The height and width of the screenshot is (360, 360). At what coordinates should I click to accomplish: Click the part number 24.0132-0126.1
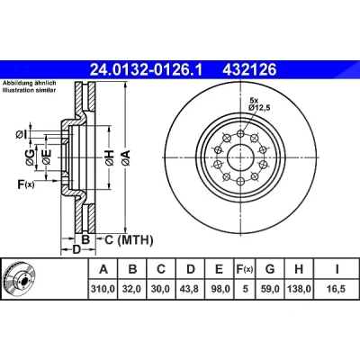click(147, 70)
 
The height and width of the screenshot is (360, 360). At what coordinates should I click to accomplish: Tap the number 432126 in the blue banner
click(249, 70)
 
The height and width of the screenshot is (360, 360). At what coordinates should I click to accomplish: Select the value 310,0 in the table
click(103, 289)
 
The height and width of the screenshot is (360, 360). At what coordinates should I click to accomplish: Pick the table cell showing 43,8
click(191, 289)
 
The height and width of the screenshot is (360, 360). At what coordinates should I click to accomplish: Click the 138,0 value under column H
click(299, 289)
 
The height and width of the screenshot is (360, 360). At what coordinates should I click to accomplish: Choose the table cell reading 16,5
click(337, 289)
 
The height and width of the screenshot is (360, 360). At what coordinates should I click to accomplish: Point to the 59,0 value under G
click(270, 289)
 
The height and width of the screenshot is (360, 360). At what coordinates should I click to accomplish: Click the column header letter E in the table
click(220, 269)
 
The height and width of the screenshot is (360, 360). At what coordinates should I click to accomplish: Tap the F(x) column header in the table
click(243, 269)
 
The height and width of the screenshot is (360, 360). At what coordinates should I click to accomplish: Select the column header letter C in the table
click(161, 269)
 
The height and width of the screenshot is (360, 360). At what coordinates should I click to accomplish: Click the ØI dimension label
click(21, 135)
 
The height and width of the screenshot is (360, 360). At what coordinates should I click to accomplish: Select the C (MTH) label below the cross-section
click(129, 239)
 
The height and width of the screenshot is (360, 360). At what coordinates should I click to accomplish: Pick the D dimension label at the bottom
click(77, 249)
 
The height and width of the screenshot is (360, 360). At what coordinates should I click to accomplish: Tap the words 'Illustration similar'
click(29, 90)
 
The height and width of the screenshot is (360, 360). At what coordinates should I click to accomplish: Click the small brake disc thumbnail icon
click(19, 279)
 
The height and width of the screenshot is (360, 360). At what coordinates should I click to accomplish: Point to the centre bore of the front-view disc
click(240, 157)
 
